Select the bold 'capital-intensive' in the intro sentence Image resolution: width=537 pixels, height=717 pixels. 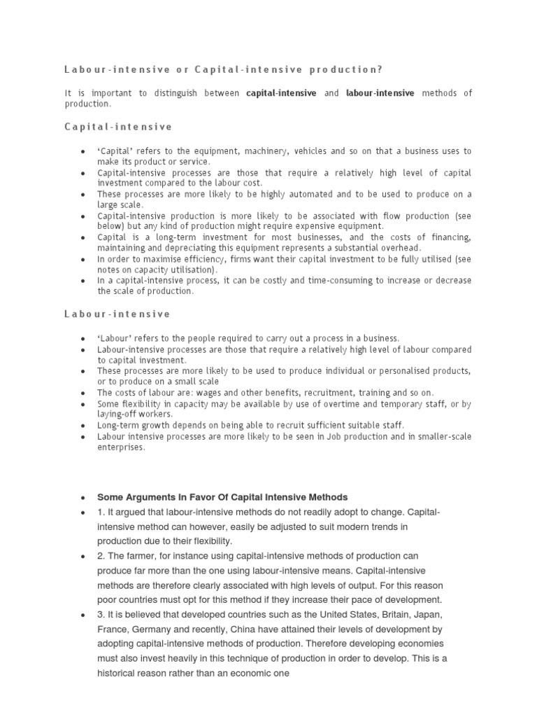(281, 93)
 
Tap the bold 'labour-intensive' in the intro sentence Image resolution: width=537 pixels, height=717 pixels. (380, 93)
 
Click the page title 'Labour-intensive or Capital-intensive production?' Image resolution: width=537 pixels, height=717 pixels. (224, 69)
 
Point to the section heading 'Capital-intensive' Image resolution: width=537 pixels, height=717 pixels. (117, 127)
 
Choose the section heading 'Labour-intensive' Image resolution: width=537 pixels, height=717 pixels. (117, 314)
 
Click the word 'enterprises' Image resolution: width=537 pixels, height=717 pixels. (121, 447)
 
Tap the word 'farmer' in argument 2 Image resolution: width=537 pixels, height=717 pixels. (140, 556)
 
